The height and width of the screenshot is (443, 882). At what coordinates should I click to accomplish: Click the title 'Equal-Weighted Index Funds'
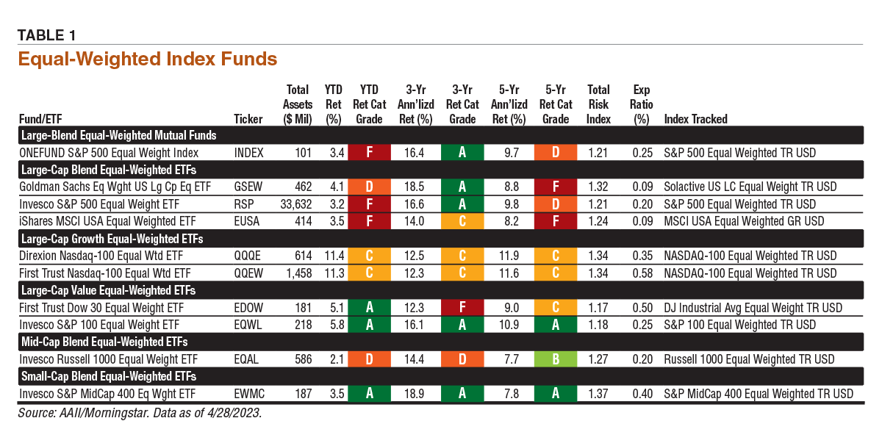pyautogui.click(x=147, y=58)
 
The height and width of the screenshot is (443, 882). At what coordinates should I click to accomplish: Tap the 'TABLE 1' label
pyautogui.click(x=46, y=35)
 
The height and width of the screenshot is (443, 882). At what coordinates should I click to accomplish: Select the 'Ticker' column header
pyautogui.click(x=248, y=119)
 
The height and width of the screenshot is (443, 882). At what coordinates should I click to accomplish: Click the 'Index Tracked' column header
pyautogui.click(x=695, y=119)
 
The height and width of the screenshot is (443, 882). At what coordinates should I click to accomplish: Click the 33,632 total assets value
pyautogui.click(x=297, y=204)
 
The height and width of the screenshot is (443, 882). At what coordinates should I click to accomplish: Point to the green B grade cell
pyautogui.click(x=556, y=359)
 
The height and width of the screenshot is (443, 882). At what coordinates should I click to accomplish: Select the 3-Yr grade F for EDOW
pyautogui.click(x=461, y=308)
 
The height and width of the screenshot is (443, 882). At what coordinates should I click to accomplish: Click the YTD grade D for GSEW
pyautogui.click(x=368, y=187)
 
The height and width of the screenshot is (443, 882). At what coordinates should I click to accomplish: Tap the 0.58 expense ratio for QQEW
pyautogui.click(x=642, y=273)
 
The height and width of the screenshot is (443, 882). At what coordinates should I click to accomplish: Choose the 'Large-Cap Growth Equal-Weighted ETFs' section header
pyautogui.click(x=112, y=239)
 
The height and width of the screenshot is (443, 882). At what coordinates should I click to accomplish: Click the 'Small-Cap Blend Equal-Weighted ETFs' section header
pyautogui.click(x=106, y=376)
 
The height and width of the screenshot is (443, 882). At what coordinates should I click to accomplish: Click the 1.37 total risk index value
pyautogui.click(x=599, y=394)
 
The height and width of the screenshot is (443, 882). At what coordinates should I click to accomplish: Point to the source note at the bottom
pyautogui.click(x=140, y=413)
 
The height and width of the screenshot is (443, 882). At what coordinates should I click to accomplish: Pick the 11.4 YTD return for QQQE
pyautogui.click(x=334, y=256)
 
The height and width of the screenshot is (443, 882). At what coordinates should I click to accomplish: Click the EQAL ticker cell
pyautogui.click(x=246, y=359)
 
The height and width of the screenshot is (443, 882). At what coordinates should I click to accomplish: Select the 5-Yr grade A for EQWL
pyautogui.click(x=556, y=325)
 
